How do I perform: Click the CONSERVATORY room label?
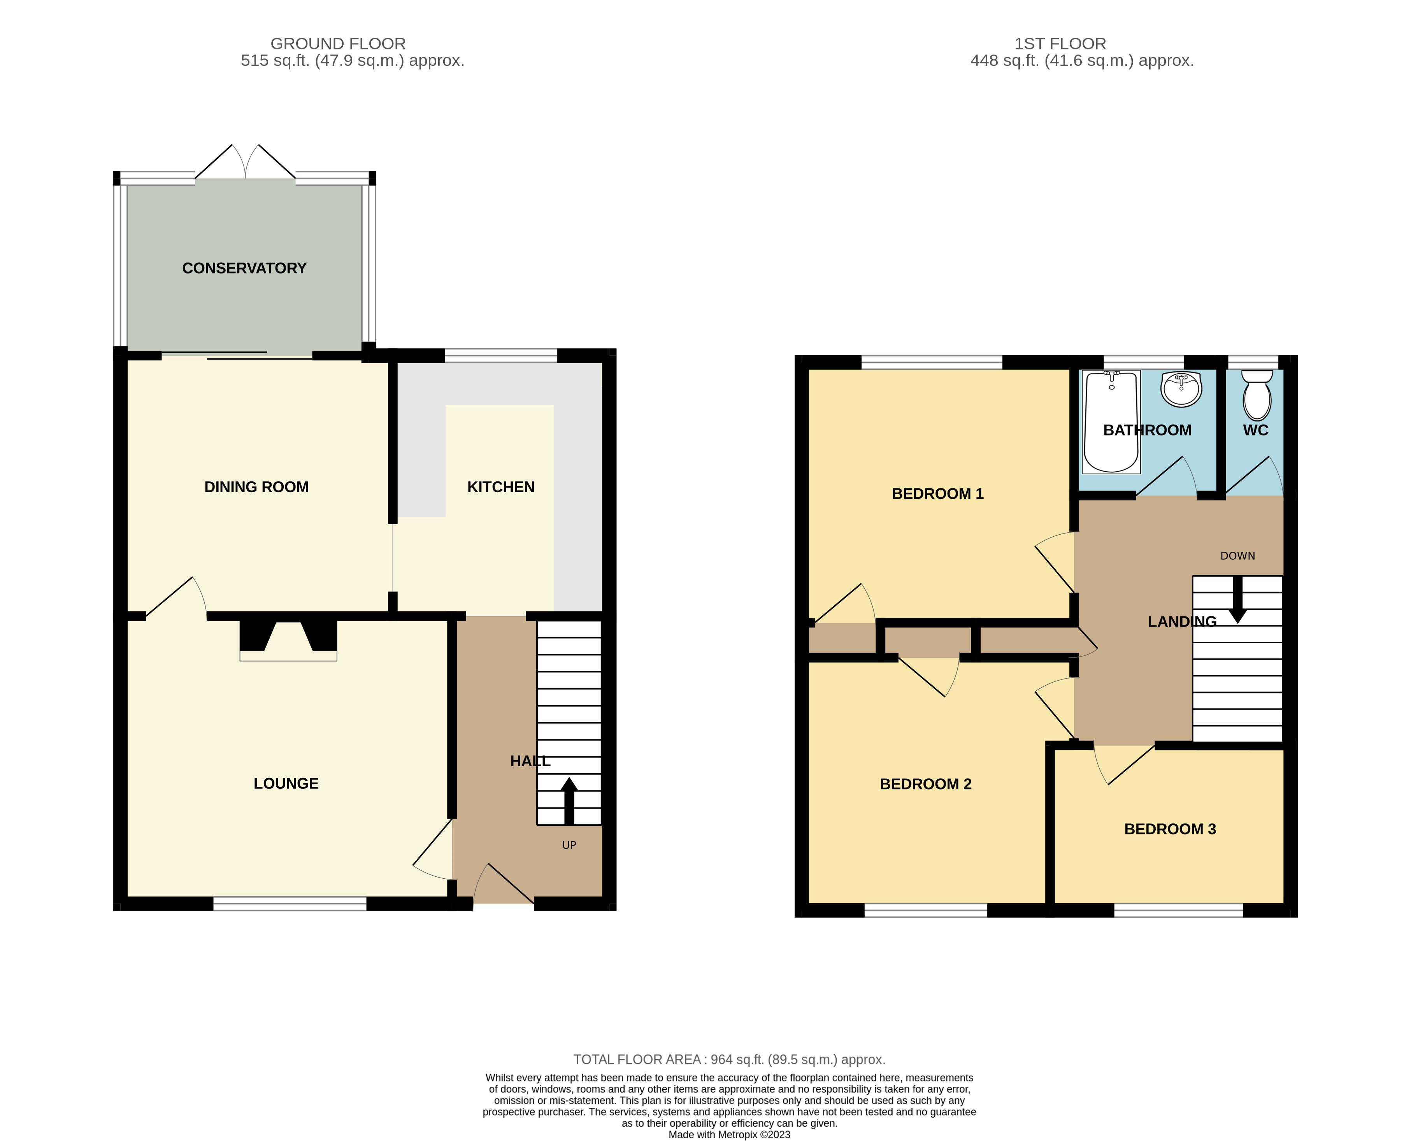pos(244,268)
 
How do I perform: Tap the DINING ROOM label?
pos(256,487)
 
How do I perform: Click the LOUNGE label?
pos(286,783)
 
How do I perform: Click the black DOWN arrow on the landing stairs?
pos(1237,599)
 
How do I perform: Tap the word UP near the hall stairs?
pos(569,845)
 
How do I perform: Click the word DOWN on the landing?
pos(1237,556)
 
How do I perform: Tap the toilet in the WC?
pos(1257,394)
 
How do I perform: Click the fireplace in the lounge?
pos(288,639)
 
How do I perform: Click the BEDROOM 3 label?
pos(1170,829)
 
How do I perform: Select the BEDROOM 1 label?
pos(937,493)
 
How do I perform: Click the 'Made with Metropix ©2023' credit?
pos(729,1134)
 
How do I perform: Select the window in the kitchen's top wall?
pos(501,356)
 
